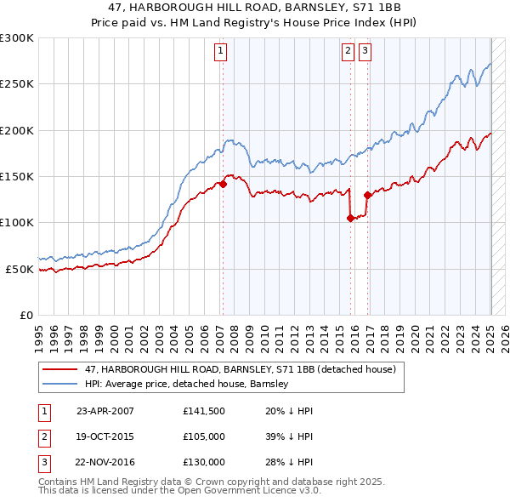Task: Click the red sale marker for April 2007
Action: point(223,184)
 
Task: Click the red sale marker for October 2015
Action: point(350,218)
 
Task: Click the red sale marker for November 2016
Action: point(367,195)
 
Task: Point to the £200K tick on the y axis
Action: point(17,130)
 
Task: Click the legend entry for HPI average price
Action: point(187,385)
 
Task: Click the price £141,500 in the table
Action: point(203,411)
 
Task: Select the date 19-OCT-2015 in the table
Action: point(105,436)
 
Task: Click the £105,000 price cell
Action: point(203,436)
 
